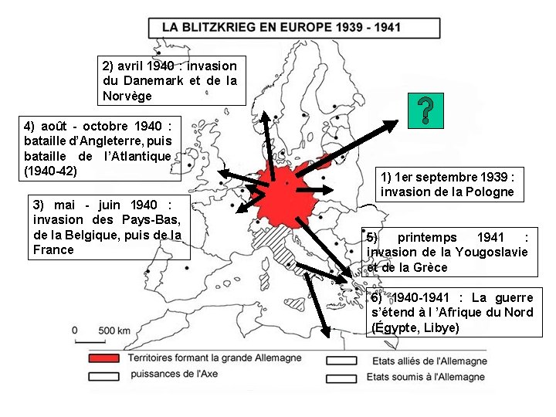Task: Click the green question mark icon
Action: pos(423,113)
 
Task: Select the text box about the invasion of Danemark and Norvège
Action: pos(170,80)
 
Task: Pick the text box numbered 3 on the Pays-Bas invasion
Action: pos(107,227)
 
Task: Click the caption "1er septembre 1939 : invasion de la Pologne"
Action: pos(447,184)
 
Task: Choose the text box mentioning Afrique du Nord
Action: pos(453,313)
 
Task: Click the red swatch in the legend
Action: pos(105,359)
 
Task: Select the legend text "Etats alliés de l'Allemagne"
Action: pos(429,361)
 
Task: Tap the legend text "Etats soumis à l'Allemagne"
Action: pos(428,377)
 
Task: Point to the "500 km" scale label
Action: pos(114,331)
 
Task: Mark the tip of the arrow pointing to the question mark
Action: pos(396,121)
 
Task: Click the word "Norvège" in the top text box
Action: pos(127,96)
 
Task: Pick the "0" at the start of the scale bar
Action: pos(75,331)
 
